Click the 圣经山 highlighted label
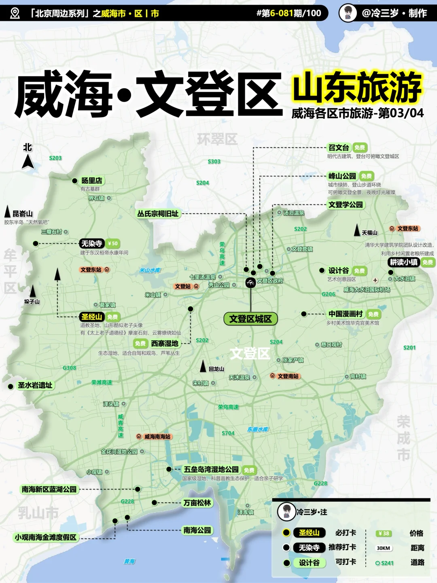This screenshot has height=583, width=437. pyautogui.click(x=92, y=317)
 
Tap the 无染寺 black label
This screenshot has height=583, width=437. pyautogui.click(x=92, y=243)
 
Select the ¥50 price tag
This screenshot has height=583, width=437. pyautogui.click(x=112, y=243)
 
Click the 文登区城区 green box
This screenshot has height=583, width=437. pyautogui.click(x=250, y=319)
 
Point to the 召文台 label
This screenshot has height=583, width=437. pyautogui.click(x=339, y=148)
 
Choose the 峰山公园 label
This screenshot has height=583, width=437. pyautogui.click(x=342, y=176)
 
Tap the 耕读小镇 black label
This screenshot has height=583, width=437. pyautogui.click(x=403, y=262)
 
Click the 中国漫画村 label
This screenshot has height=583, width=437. pyautogui.click(x=346, y=314)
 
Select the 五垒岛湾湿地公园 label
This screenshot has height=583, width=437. pyautogui.click(x=211, y=470)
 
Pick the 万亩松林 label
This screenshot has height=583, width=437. pyautogui.click(x=197, y=503)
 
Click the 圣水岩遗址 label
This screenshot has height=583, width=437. pyautogui.click(x=35, y=385)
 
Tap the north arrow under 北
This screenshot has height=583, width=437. pyautogui.click(x=28, y=162)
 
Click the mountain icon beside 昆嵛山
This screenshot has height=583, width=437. pyautogui.click(x=7, y=211)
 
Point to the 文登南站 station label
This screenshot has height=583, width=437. pyautogui.click(x=288, y=376)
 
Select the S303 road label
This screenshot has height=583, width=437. pyautogui.click(x=214, y=162)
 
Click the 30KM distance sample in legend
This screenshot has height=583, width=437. pyautogui.click(x=383, y=548)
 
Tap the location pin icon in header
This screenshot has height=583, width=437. pyautogui.click(x=15, y=13)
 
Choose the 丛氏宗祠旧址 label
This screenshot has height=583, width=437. pyautogui.click(x=158, y=213)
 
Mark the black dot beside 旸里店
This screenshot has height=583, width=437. pyautogui.click(x=74, y=181)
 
